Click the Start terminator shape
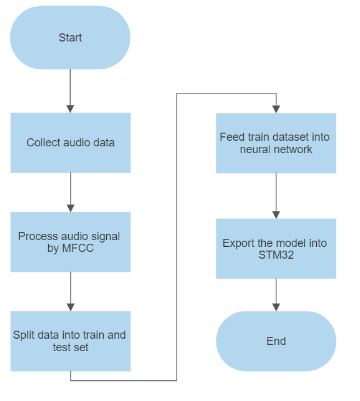[x=70, y=37]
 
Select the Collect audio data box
[x=70, y=142]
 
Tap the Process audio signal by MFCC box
[x=70, y=242]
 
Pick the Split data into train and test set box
[x=70, y=341]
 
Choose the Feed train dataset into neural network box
[x=275, y=142]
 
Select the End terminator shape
[x=275, y=341]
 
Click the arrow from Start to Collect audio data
[x=70, y=90]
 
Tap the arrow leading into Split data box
[x=70, y=291]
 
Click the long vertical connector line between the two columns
[x=177, y=240]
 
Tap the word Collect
[x=45, y=142]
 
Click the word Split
[x=25, y=334]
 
